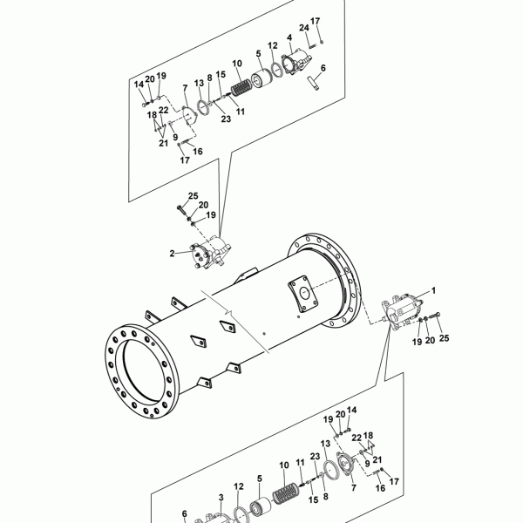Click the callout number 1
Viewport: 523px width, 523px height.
(x=433, y=291)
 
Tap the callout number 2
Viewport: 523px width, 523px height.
(x=172, y=254)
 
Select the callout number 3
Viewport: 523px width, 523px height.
(x=221, y=498)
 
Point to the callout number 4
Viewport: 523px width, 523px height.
(x=289, y=38)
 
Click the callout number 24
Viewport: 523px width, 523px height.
(x=304, y=28)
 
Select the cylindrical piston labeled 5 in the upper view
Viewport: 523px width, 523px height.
(x=261, y=78)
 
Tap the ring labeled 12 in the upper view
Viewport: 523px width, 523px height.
(x=276, y=69)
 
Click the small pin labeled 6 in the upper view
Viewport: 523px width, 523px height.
(x=313, y=83)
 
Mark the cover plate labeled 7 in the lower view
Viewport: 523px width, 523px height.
(x=345, y=464)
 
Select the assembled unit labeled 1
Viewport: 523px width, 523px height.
(x=402, y=311)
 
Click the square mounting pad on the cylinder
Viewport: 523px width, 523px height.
(x=302, y=293)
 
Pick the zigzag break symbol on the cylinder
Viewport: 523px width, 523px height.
(x=228, y=312)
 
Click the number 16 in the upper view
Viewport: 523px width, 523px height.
(x=198, y=152)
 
